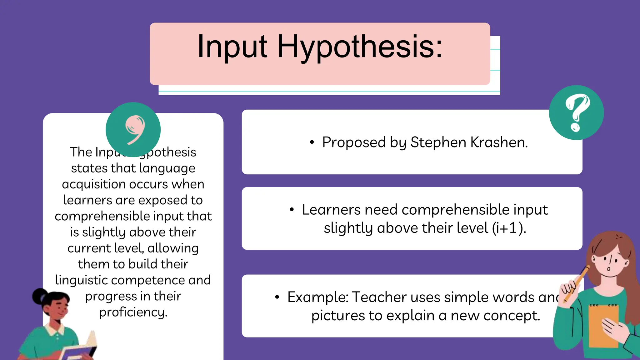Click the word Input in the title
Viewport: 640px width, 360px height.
click(232, 47)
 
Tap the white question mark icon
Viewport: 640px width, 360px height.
click(577, 112)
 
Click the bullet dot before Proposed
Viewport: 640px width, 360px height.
click(312, 142)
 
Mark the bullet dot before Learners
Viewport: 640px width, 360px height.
click(292, 210)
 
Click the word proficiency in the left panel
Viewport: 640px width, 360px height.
click(133, 312)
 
